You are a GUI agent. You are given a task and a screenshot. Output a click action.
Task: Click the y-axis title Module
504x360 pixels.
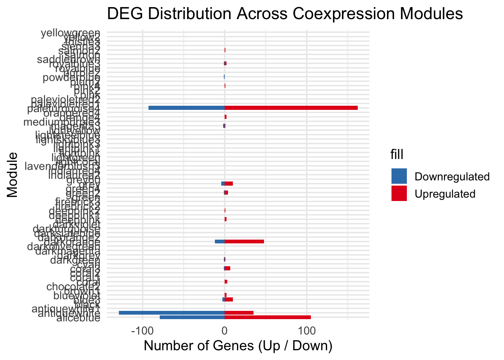[12, 174]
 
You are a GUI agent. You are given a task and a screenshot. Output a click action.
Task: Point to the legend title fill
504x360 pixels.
[397, 154]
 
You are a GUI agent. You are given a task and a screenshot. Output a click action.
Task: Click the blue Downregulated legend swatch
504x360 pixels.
[399, 176]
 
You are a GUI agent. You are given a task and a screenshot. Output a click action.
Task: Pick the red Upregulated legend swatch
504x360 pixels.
[399, 193]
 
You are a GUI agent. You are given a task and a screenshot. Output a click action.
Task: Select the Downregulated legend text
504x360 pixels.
[452, 177]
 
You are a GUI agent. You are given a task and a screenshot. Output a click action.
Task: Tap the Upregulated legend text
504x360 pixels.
[445, 194]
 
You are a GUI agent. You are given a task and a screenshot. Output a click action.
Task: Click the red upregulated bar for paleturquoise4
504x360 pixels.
[291, 108]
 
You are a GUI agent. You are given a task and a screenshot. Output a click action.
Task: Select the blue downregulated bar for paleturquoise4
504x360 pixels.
[186, 108]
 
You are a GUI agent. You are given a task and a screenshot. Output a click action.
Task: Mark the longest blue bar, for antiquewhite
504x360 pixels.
[171, 313]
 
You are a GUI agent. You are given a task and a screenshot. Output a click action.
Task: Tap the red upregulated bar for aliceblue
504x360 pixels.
[267, 317]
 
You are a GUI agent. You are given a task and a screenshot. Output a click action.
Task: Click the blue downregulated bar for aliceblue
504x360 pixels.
[192, 317]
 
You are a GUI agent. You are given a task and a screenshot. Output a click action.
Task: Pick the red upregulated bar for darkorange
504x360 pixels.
[244, 241]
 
